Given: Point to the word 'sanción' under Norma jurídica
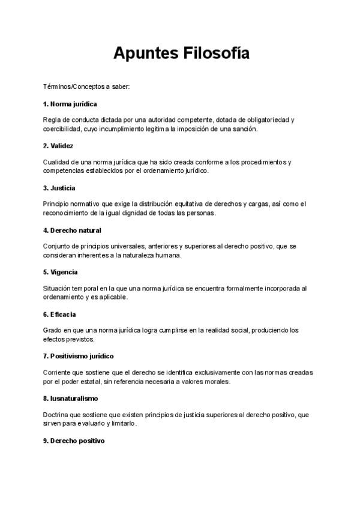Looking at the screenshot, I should [245, 129].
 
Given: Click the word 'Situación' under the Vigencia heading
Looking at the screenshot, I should [58, 289].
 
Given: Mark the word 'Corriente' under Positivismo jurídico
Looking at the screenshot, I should [58, 373].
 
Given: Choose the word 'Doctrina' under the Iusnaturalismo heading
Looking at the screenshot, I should [57, 415].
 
